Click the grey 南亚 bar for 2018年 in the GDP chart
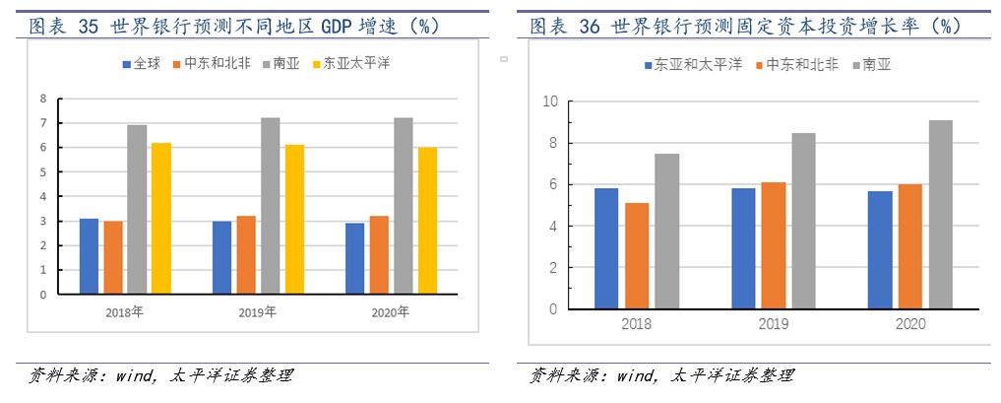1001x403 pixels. (x=137, y=209)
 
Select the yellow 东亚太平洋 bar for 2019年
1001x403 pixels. (x=293, y=219)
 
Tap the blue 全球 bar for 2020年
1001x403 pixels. (x=355, y=258)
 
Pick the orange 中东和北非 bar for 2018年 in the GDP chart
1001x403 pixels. (x=113, y=257)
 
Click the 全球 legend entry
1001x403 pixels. (x=140, y=64)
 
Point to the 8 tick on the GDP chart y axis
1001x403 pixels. (x=43, y=99)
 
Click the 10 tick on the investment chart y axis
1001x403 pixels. (x=550, y=101)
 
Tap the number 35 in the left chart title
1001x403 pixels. (x=88, y=27)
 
